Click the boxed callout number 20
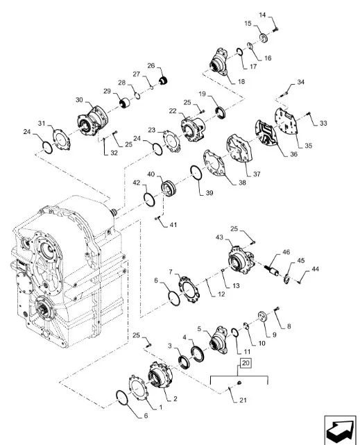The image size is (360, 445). click(x=246, y=363)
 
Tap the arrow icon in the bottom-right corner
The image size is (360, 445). click(x=340, y=430)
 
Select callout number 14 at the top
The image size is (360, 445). click(x=262, y=15)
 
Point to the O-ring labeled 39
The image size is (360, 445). click(x=196, y=173)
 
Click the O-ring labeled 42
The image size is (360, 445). click(x=149, y=200)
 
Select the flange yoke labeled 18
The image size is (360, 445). click(x=218, y=62)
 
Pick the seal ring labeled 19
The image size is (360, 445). click(x=221, y=112)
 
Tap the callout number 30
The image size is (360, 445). click(x=79, y=100)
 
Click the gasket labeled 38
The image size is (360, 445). click(x=214, y=164)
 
